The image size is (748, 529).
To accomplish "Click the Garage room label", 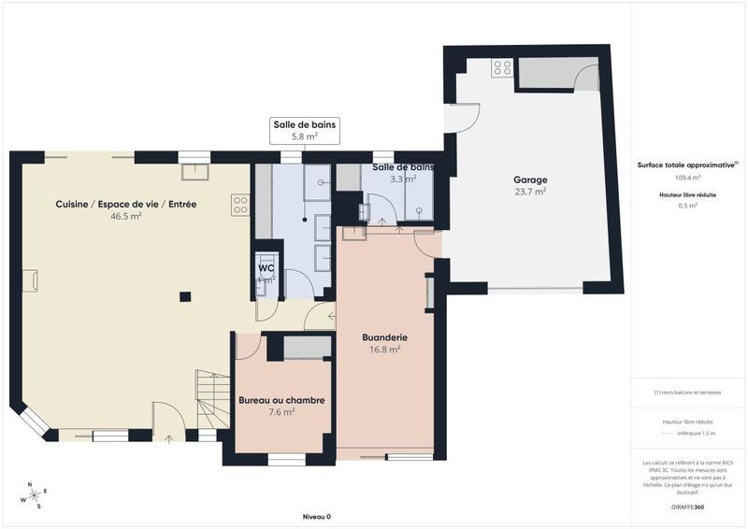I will point(530,179).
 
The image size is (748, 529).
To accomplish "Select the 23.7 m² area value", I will point(530,192).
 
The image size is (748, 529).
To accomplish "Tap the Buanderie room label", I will point(384,336).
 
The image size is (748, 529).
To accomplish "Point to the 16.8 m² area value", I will point(384,350).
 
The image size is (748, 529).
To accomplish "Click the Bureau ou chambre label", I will point(281,400).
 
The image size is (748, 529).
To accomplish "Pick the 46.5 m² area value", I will point(125,216).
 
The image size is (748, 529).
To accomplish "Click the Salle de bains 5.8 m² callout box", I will point(304,130).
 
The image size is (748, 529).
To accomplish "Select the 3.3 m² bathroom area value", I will point(403,179).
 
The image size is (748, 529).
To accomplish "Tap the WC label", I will point(266,268).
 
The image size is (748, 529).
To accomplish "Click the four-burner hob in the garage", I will point(502,67).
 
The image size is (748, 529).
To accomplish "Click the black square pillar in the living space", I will point(185,297).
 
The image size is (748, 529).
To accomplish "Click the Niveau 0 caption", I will point(316,517).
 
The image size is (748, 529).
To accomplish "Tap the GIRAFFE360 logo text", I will point(687,506).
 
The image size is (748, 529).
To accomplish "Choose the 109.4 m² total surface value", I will point(687,177).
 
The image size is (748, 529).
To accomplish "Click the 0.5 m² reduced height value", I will point(687,206).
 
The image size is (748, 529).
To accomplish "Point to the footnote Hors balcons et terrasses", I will point(687,393).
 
